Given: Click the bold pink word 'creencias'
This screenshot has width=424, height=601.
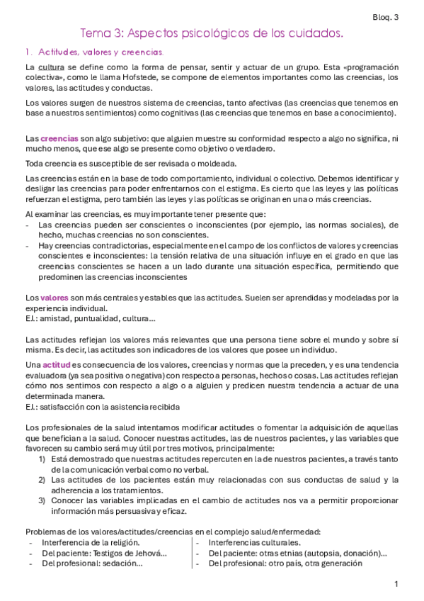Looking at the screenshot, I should tap(59, 138).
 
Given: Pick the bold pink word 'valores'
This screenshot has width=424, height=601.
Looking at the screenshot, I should tap(55, 298).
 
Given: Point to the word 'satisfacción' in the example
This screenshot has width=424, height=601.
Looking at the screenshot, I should tap(64, 408).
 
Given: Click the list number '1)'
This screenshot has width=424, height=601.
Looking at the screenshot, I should tap(42, 459).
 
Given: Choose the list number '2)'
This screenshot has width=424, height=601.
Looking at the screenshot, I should tap(42, 480).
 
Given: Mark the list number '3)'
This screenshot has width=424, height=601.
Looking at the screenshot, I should tap(42, 500).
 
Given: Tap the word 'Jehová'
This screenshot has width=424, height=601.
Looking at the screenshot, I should tap(146, 554).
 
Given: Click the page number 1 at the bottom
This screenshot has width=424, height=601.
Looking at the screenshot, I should tap(397, 584).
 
